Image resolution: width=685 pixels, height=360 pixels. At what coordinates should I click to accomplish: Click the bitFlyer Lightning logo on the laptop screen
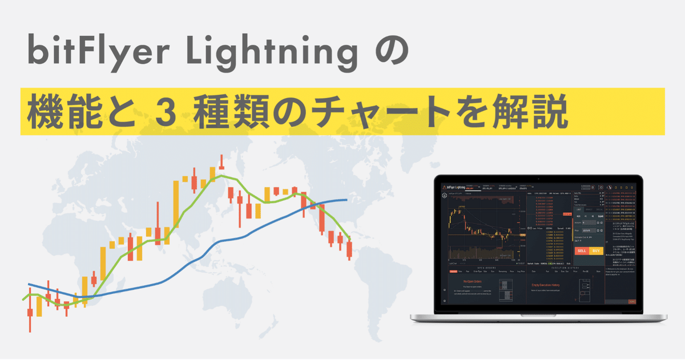pos(456,187)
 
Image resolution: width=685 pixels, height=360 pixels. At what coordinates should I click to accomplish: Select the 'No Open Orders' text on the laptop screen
pos(471,281)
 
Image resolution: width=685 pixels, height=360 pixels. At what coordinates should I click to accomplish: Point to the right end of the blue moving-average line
pos(346,200)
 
